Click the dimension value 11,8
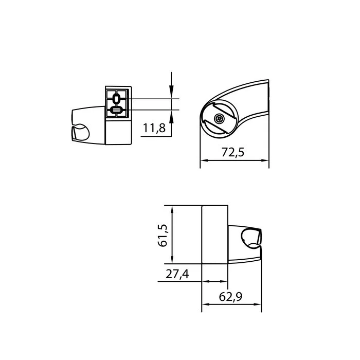pos(154,129)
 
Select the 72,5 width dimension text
pos(233,153)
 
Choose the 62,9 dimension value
pos(231,297)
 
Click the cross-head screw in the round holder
pos(220,119)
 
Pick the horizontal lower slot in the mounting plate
pos(116,110)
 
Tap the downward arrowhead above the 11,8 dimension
pos(171,94)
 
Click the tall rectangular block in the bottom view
pos(214,234)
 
